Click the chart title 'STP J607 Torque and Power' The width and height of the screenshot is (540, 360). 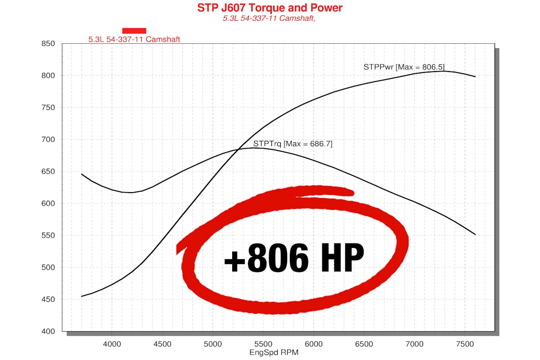[x=270, y=8]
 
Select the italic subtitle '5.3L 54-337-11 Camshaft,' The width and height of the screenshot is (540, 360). [x=270, y=19]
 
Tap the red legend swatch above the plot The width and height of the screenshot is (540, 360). [x=134, y=31]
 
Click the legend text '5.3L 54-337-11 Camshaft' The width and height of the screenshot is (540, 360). [x=134, y=39]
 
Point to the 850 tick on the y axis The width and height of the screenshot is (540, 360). [x=48, y=44]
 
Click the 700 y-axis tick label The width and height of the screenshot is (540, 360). [x=48, y=139]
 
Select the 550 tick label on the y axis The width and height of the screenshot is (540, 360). [x=48, y=235]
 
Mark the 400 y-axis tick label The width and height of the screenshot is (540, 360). [x=48, y=332]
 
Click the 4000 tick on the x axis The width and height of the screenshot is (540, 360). [x=112, y=344]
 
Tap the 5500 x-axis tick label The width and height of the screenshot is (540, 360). [x=263, y=344]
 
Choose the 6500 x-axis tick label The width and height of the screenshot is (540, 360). [x=364, y=344]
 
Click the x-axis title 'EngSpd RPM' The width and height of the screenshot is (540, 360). [x=274, y=352]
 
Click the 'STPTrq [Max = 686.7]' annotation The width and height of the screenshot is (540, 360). [x=292, y=144]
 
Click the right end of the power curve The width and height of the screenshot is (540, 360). [x=475, y=76]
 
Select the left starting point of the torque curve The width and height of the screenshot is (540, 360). [x=81, y=174]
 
